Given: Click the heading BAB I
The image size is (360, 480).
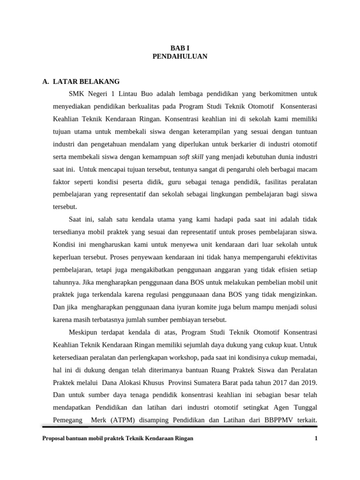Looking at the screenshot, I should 180,47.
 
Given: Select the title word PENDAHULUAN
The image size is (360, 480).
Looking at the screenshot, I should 180,56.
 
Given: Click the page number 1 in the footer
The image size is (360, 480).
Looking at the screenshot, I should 316,438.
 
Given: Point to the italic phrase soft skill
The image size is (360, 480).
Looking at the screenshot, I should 191,156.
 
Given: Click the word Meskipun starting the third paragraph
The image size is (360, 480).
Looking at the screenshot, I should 84,332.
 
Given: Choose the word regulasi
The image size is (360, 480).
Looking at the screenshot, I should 166,295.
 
